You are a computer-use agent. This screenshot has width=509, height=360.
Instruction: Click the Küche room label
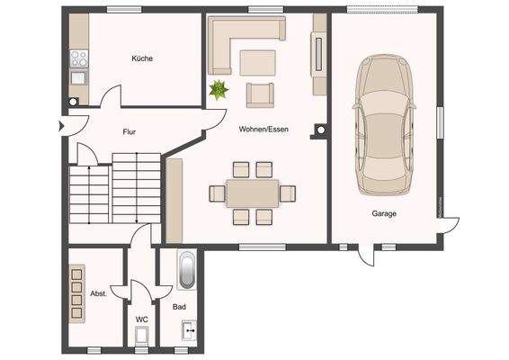(141, 58)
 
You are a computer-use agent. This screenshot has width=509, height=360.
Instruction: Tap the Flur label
(129, 131)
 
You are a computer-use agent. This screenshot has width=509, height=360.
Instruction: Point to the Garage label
(385, 213)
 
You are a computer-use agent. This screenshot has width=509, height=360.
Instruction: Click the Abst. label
(99, 293)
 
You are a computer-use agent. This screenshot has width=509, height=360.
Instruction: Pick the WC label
(141, 319)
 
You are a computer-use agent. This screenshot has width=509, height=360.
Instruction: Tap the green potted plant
(218, 89)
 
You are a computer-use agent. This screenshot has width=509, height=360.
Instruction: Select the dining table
(253, 193)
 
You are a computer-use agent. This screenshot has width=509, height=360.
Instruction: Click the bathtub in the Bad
(186, 270)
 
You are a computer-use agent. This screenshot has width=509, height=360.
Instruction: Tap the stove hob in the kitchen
(78, 59)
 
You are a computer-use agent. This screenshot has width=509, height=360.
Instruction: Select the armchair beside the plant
(259, 94)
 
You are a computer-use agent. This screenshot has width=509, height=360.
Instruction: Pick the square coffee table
(258, 61)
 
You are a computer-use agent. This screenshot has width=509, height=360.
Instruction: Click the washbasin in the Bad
(190, 332)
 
